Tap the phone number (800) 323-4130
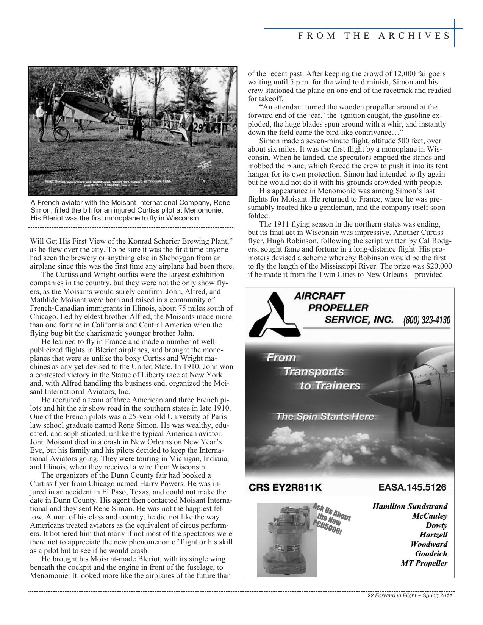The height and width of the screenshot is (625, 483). click(427, 320)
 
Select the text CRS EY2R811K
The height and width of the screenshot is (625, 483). click(285, 487)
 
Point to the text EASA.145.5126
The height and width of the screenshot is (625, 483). click(412, 487)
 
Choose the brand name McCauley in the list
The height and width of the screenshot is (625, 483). click(429, 516)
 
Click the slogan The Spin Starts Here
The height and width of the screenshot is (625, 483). click(325, 417)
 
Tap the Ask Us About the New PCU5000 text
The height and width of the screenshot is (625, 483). click(331, 518)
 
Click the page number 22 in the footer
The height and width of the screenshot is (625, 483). click(370, 595)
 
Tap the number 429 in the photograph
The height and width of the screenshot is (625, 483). click(199, 128)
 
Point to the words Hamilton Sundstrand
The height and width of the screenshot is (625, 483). click(410, 506)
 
